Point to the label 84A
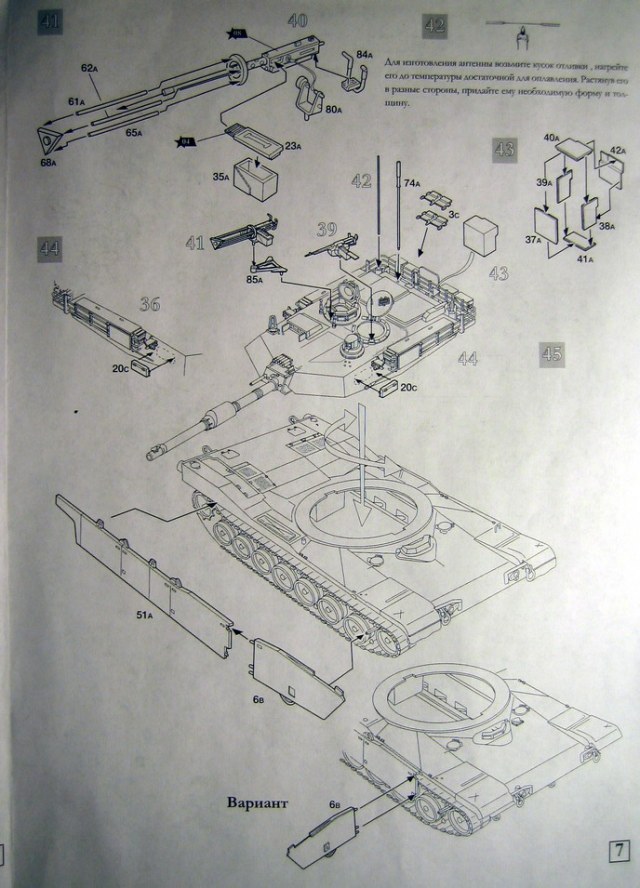point(364,52)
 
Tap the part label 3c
point(453,214)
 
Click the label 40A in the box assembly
point(550,137)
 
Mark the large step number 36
point(150,304)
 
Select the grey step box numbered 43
point(504,151)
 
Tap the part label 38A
point(606,227)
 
